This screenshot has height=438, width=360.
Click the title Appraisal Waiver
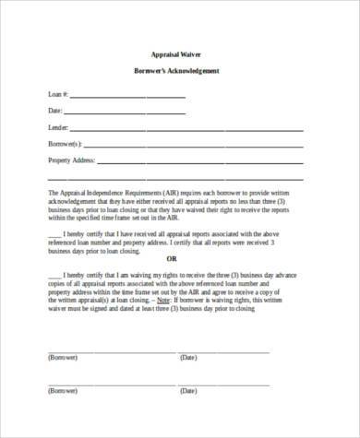(x=180, y=55)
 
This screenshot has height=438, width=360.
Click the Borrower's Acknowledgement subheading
(x=180, y=73)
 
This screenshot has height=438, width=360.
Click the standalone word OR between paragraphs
(x=171, y=257)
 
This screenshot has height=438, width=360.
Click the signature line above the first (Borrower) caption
(x=102, y=349)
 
